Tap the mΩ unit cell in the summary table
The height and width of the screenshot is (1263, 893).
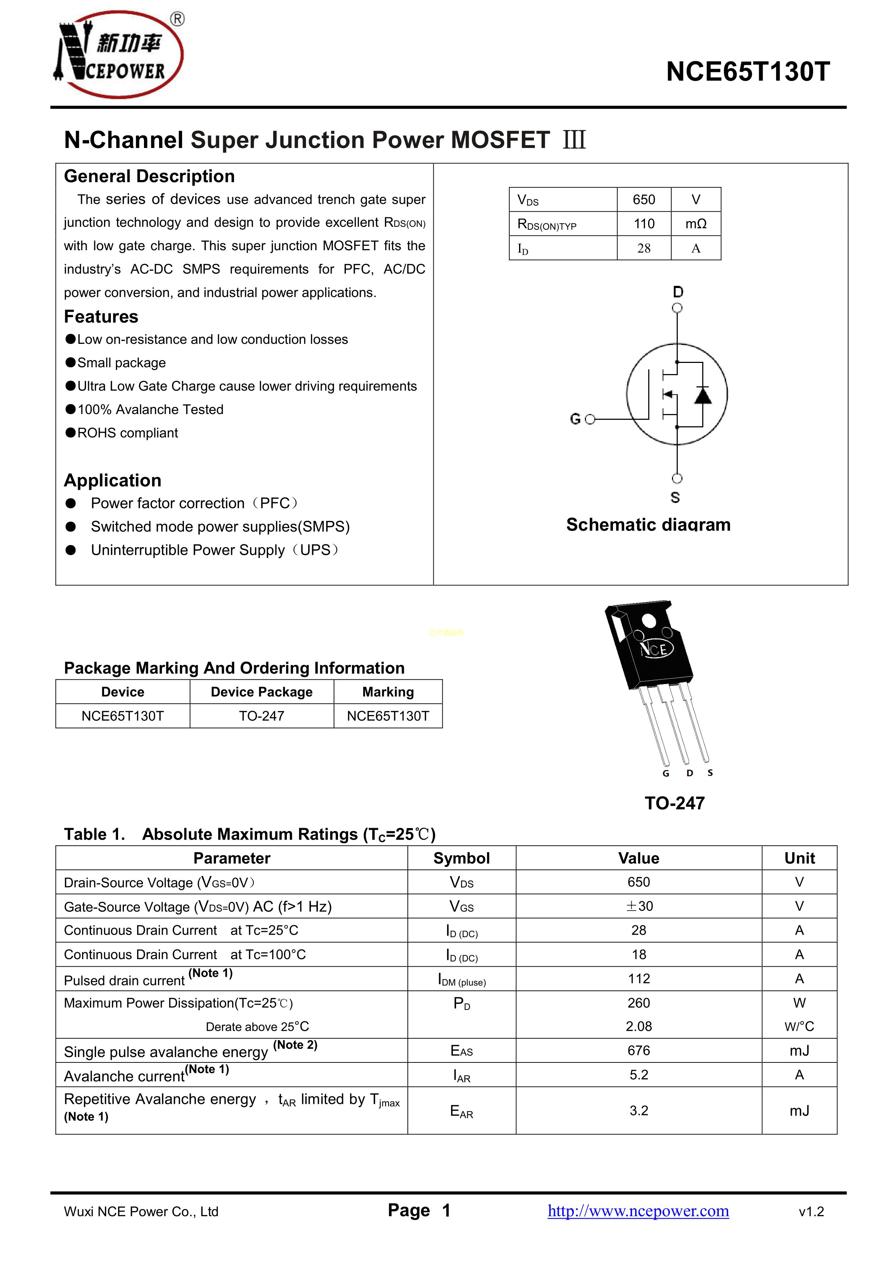696,224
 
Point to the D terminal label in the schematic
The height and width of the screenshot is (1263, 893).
678,292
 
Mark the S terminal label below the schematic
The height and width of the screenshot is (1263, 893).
675,497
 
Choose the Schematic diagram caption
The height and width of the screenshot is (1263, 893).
648,525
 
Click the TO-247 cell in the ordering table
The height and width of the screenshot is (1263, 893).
262,716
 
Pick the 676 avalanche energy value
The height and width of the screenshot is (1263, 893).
639,1051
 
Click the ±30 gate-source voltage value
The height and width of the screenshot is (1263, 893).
639,906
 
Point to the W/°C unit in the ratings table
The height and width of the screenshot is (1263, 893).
799,1026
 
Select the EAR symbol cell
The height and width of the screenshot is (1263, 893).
461,1111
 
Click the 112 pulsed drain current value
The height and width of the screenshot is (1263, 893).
639,979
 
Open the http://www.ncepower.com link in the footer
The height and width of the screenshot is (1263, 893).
638,1211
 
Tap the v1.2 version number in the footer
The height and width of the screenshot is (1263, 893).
811,1212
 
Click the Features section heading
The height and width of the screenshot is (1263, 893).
101,317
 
